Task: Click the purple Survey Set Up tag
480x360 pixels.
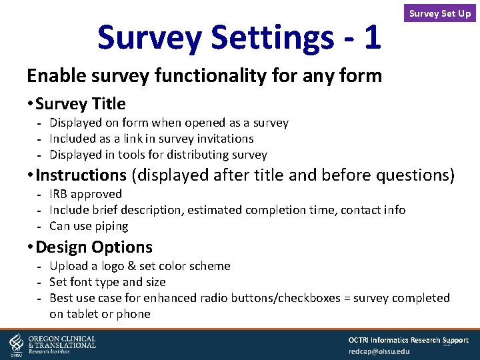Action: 439,13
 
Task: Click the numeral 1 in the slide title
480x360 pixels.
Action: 372,37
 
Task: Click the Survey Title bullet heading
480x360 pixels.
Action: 80,104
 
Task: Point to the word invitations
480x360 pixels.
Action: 221,139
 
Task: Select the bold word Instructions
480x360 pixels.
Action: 81,175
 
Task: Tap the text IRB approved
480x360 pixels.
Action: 85,194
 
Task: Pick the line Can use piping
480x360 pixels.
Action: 89,226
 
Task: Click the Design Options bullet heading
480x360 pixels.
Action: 94,247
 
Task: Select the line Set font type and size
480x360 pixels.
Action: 107,282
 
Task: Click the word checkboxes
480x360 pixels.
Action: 305,298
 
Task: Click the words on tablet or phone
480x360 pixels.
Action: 99,314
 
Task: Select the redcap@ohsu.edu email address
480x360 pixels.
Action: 379,351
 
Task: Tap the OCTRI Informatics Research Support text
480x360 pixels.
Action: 408,340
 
